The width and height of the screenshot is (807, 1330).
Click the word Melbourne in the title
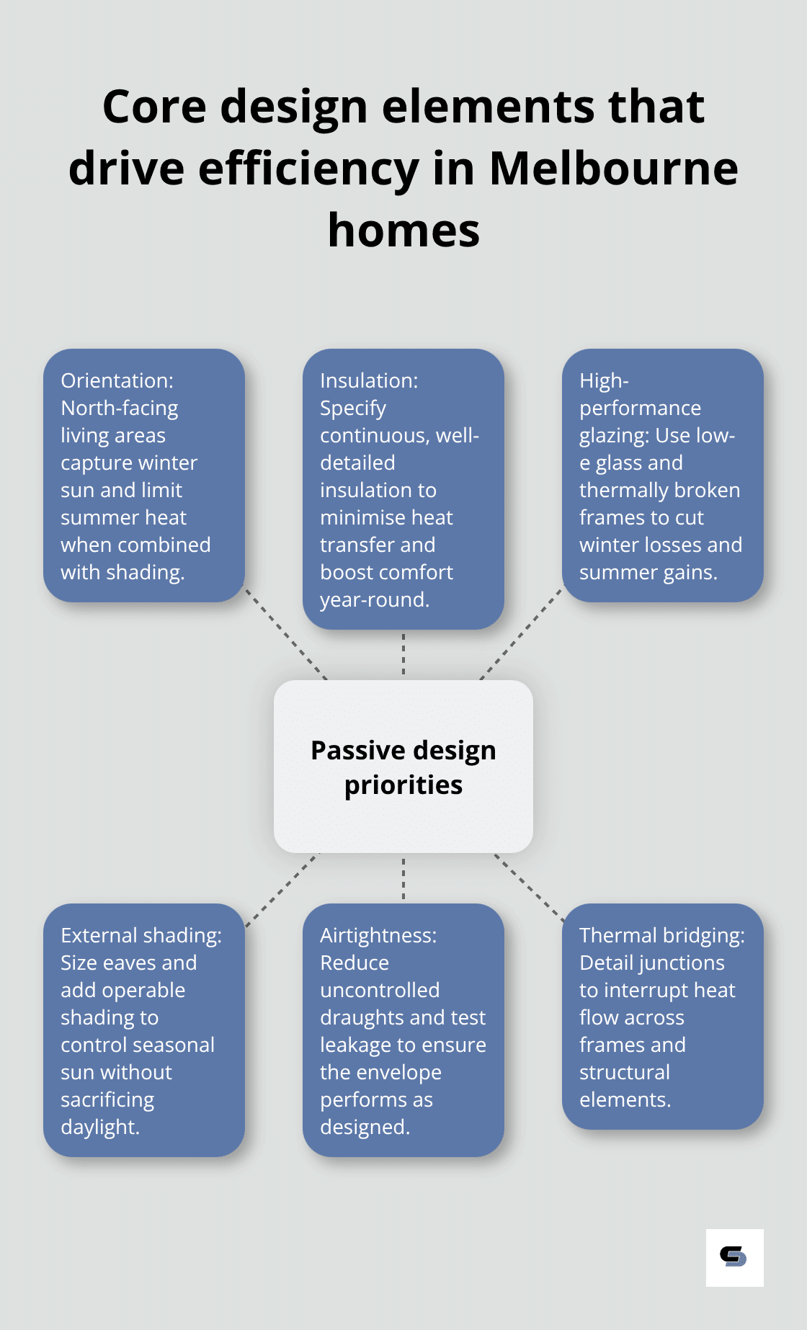[613, 169]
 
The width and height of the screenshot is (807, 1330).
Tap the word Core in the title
[154, 107]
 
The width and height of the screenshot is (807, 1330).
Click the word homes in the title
[403, 231]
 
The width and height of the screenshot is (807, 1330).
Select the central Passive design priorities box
[403, 767]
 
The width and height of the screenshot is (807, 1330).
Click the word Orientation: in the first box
[117, 380]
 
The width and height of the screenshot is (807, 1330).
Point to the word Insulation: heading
[369, 380]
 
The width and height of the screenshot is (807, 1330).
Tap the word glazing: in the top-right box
[615, 436]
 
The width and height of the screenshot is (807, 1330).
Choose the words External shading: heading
[141, 935]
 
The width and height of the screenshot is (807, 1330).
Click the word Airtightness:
[378, 935]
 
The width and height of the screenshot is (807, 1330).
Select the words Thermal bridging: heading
[661, 935]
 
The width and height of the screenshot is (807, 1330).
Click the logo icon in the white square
[734, 1257]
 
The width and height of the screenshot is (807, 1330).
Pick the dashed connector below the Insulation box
[403, 654]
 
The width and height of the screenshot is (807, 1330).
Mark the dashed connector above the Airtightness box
[403, 878]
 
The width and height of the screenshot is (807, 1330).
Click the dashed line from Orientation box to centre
[286, 634]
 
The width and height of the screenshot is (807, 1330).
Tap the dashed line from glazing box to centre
[520, 634]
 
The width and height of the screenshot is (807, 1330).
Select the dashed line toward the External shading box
[282, 890]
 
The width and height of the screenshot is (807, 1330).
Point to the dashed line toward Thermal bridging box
[529, 888]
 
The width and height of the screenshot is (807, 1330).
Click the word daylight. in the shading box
[100, 1127]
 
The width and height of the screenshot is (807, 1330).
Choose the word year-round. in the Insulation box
[375, 599]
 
